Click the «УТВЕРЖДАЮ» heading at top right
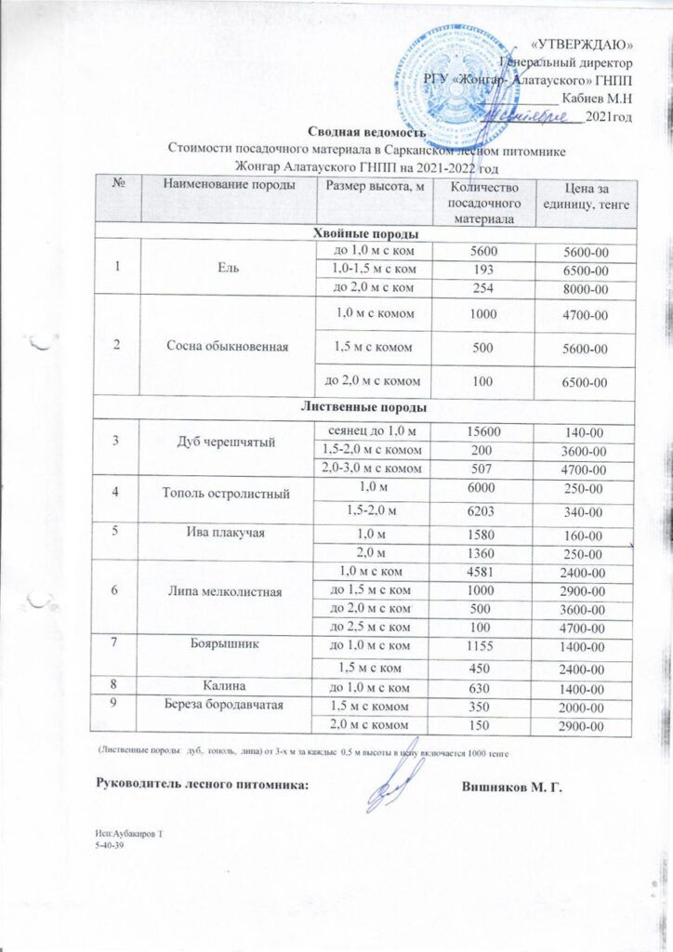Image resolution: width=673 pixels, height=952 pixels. point(588,45)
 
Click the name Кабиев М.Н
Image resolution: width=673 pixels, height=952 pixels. point(599,97)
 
